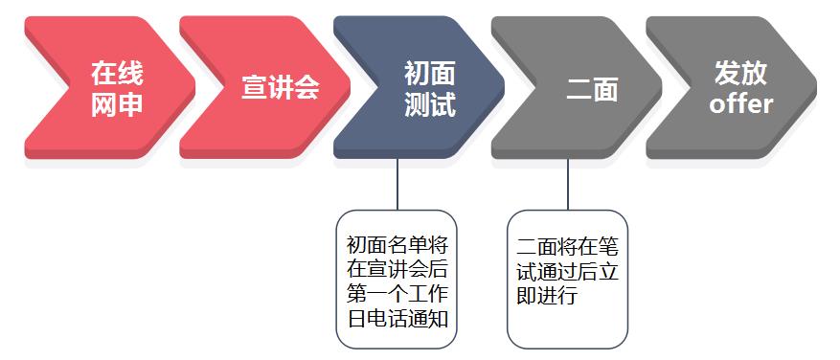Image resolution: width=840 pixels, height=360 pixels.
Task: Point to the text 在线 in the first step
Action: click(x=117, y=73)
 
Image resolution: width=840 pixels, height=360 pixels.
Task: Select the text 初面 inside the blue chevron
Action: click(x=430, y=73)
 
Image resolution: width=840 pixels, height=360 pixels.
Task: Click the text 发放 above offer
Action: click(x=740, y=73)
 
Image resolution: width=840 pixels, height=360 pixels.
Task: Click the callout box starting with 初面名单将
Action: click(x=397, y=279)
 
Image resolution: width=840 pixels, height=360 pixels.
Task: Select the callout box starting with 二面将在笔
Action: click(x=568, y=279)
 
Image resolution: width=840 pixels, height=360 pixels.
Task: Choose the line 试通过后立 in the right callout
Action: click(x=568, y=271)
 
